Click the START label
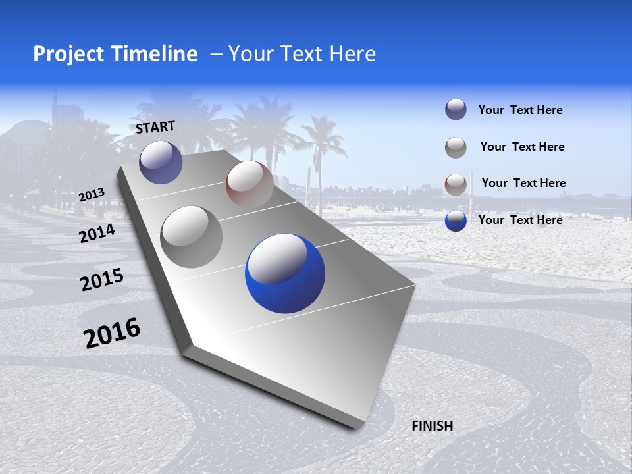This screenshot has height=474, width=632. pyautogui.click(x=155, y=127)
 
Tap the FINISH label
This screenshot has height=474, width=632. pyautogui.click(x=432, y=426)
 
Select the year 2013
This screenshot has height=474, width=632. pyautogui.click(x=92, y=194)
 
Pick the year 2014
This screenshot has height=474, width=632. pyautogui.click(x=97, y=233)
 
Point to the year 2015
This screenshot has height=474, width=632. pyautogui.click(x=102, y=280)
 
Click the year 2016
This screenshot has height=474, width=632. pyautogui.click(x=112, y=332)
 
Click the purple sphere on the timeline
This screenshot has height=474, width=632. pyautogui.click(x=161, y=162)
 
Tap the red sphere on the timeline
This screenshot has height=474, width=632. pyautogui.click(x=250, y=184)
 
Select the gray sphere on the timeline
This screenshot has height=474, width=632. pyautogui.click(x=192, y=236)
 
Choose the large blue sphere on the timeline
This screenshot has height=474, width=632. pyautogui.click(x=285, y=273)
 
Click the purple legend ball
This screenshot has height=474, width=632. pyautogui.click(x=456, y=109)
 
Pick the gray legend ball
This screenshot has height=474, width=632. pyautogui.click(x=456, y=147)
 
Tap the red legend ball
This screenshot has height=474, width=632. pyautogui.click(x=456, y=184)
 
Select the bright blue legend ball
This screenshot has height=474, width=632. pyautogui.click(x=456, y=221)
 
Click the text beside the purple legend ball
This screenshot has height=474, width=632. pyautogui.click(x=520, y=111)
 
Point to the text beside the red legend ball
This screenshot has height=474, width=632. pyautogui.click(x=523, y=183)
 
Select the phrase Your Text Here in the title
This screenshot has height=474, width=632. pyautogui.click(x=302, y=54)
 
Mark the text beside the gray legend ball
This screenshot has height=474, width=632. pyautogui.click(x=522, y=147)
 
